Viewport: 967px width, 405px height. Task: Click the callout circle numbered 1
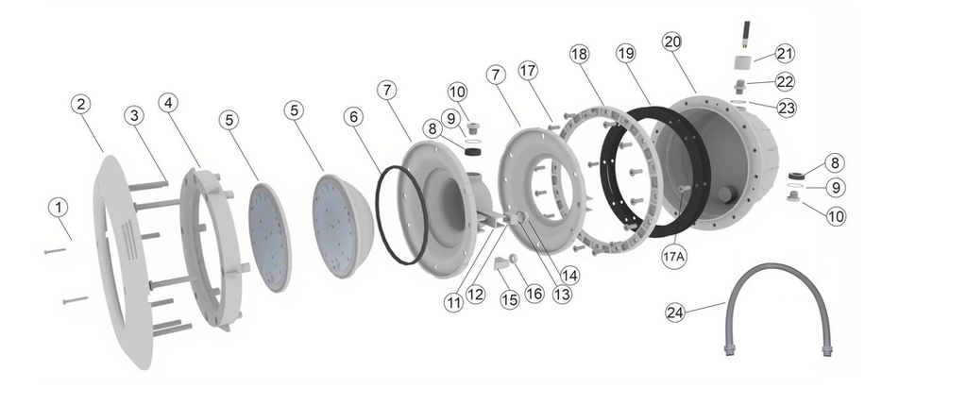coord(58,207)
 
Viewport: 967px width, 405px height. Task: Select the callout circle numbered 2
coord(81,104)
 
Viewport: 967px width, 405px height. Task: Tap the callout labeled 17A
coord(673,258)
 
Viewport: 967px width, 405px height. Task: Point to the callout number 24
coord(675,312)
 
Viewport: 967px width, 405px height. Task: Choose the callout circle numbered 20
coord(672,42)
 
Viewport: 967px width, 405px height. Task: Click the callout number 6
coord(353,117)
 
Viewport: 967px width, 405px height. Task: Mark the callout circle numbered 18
coord(579,54)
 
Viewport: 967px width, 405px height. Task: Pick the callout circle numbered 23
coord(786,108)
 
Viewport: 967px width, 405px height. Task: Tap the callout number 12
coord(476,294)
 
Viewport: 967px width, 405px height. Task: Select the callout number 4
coord(168,103)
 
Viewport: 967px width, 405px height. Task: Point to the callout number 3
coord(134,115)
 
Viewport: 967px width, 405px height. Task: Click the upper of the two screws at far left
coord(55,251)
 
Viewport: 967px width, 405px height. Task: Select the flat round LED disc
coord(270,236)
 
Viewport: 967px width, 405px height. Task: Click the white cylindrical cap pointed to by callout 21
coord(744,62)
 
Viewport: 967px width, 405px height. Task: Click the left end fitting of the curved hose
coord(729,352)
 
